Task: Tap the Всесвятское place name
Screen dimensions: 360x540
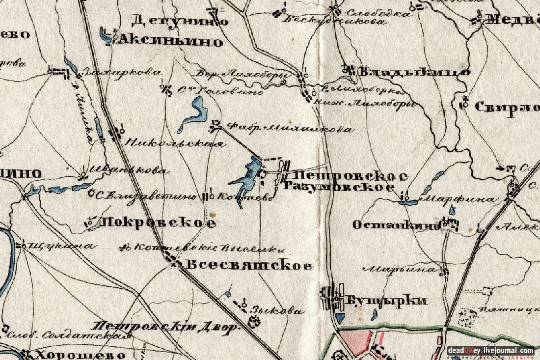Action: click(249, 266)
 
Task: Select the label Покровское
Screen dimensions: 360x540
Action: click(158, 223)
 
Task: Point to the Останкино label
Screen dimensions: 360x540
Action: click(396, 225)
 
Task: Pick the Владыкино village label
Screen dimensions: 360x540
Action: click(415, 73)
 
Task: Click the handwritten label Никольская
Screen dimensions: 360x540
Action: click(175, 144)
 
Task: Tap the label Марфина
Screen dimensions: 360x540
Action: click(459, 200)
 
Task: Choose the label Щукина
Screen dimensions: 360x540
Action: click(60, 246)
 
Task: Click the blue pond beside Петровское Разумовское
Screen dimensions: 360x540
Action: click(248, 177)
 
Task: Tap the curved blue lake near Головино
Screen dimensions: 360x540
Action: click(195, 112)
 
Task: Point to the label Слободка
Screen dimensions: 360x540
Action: click(377, 13)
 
